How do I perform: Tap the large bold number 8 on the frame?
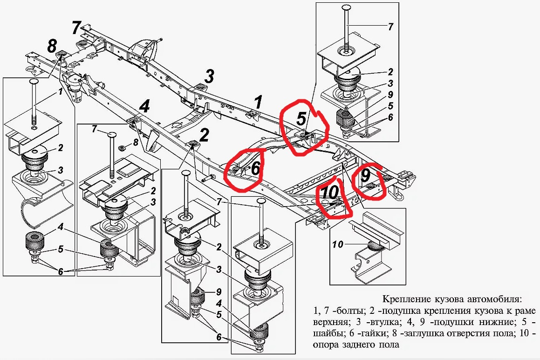[x=52, y=46]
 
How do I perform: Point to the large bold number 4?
[x=144, y=107]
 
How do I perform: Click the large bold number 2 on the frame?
[x=204, y=135]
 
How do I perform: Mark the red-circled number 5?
[x=301, y=118]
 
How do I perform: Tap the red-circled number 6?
[x=255, y=169]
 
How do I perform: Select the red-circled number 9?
[x=366, y=175]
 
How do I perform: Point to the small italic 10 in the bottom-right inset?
[x=339, y=243]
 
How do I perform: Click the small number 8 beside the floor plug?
[x=136, y=142]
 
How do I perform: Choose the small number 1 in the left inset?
[x=60, y=92]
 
